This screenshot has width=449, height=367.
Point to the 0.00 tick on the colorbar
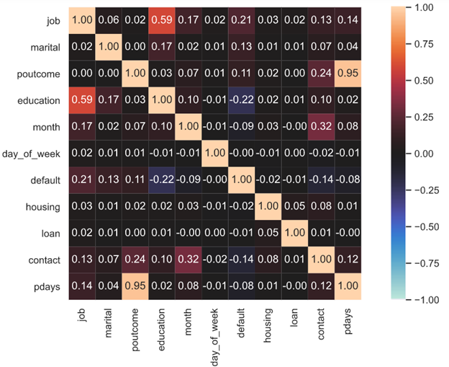click(427, 153)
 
